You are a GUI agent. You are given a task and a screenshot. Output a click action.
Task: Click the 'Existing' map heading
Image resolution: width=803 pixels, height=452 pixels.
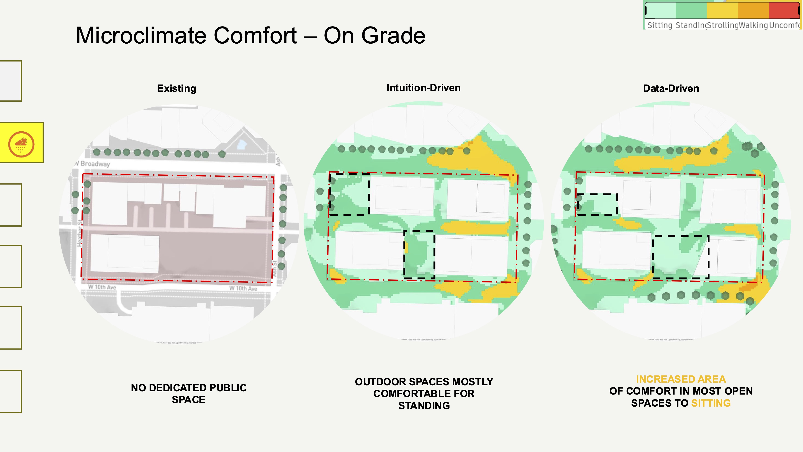pos(176,89)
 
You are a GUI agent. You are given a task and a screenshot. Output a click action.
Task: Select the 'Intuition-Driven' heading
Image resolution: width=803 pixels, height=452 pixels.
pos(423,88)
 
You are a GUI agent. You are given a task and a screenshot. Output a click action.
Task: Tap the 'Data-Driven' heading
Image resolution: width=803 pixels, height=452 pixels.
pos(671,89)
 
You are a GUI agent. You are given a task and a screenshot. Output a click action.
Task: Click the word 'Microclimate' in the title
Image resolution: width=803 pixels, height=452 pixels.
pos(186,36)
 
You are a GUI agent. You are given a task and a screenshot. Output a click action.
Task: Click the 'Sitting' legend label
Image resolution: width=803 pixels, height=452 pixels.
pos(660,25)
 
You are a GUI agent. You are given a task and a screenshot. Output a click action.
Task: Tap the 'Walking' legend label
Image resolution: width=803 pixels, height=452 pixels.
pos(753,25)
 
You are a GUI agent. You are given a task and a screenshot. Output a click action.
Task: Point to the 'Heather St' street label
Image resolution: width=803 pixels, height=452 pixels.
pos(80,233)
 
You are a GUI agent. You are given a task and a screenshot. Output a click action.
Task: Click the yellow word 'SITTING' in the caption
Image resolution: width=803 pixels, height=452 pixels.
pos(711,403)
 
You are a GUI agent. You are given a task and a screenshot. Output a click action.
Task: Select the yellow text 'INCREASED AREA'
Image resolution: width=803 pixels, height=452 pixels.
pos(681,379)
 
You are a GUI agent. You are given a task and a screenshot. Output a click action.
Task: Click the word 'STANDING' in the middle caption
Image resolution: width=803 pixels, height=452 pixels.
pos(424,406)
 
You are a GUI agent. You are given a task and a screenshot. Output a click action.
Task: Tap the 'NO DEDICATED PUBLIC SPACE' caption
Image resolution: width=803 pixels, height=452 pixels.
pos(189,393)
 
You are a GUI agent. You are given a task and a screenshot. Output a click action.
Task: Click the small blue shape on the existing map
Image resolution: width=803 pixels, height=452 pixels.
pos(242,144)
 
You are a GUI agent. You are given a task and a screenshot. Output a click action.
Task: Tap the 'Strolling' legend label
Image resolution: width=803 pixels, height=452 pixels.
pos(722,25)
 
